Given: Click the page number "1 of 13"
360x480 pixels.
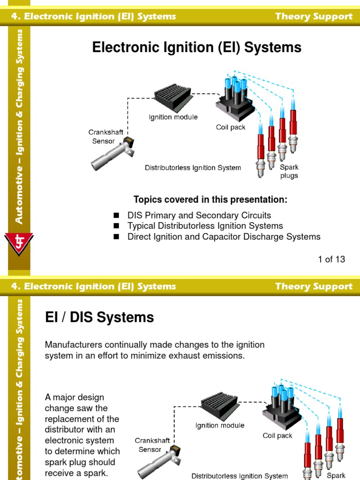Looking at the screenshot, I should [x=331, y=259].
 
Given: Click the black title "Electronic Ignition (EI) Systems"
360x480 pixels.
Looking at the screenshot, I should [x=197, y=47].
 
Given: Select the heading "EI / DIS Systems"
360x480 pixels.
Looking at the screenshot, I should [x=99, y=317].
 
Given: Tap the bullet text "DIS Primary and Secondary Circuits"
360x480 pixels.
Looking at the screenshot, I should [x=199, y=216].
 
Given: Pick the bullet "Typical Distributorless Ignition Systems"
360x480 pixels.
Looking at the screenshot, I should [x=205, y=226].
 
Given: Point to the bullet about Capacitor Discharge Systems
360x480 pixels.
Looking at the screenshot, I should [x=224, y=237].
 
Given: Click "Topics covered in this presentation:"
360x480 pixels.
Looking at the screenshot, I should [x=210, y=200].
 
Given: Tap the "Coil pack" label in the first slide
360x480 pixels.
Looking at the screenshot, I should [x=231, y=127].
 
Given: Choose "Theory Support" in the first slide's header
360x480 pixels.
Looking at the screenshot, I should [x=314, y=16].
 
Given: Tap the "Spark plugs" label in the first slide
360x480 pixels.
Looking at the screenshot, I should [x=289, y=171].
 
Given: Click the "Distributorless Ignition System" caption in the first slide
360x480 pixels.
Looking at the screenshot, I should [x=193, y=168].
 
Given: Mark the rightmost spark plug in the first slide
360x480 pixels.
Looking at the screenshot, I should [x=293, y=131].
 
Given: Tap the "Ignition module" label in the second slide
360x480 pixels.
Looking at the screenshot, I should [x=220, y=426].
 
